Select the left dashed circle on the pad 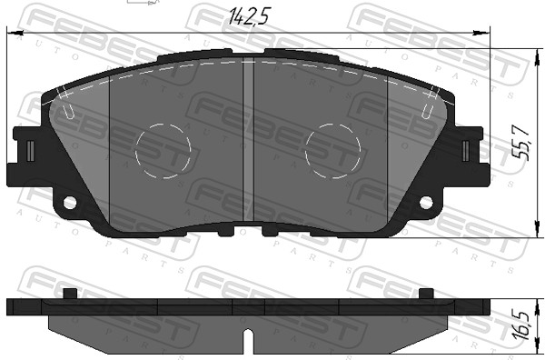(163, 150)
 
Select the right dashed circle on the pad (333, 150)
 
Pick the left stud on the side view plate (70, 295)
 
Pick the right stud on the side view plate (426, 295)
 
